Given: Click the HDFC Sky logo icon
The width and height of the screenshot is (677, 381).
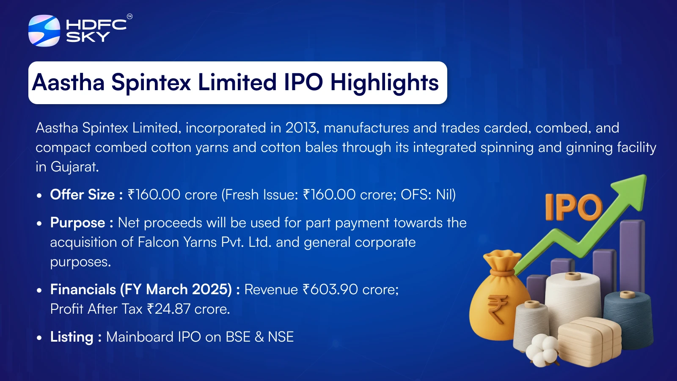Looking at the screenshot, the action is click(44, 30).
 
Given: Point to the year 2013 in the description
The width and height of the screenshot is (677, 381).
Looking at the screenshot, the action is click(302, 127).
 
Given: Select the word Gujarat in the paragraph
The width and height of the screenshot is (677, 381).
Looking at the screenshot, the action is click(74, 167).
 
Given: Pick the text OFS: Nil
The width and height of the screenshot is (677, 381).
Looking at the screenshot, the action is click(428, 195).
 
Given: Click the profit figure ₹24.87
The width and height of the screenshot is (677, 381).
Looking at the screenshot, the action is click(169, 309).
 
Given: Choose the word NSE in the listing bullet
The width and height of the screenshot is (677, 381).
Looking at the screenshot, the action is click(281, 337).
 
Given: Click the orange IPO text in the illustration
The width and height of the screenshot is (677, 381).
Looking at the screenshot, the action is click(573, 207).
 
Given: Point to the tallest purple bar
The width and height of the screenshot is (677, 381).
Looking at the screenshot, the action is click(632, 257).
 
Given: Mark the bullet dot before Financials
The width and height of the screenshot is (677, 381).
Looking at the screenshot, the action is click(39, 290).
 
